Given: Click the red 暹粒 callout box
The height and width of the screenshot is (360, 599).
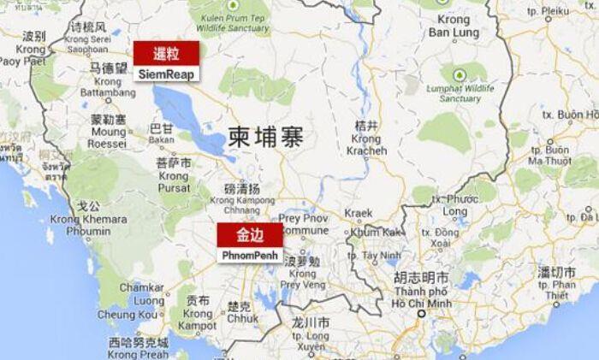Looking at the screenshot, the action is [x=166, y=52].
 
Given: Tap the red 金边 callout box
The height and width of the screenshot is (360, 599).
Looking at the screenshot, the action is [x=249, y=234].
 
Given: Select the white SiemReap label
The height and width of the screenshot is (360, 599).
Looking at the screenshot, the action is [x=166, y=74].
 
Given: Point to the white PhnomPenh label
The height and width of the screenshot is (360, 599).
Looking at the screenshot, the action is [x=249, y=255].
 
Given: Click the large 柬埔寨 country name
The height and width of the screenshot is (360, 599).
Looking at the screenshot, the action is [x=265, y=135].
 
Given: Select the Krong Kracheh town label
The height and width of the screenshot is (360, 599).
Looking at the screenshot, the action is [x=366, y=139].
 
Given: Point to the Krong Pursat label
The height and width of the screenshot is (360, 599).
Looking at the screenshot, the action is [x=174, y=174].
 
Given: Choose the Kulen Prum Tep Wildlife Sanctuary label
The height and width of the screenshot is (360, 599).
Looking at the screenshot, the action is [x=228, y=18].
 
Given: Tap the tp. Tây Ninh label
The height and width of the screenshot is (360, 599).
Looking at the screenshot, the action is [x=380, y=255].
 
